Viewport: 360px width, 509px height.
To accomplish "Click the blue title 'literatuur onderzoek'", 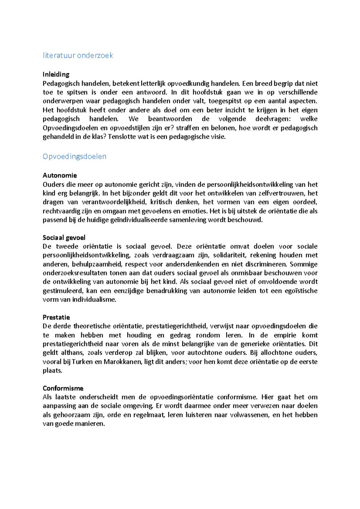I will pyautogui.click(x=78, y=55).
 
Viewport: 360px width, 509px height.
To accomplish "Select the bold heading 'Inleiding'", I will pyautogui.click(x=56, y=74).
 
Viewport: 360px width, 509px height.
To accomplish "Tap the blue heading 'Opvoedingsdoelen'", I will pyautogui.click(x=74, y=156).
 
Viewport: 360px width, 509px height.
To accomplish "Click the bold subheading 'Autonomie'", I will pyautogui.click(x=60, y=175).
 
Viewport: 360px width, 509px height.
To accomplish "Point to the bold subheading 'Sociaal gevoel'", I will pyautogui.click(x=64, y=238).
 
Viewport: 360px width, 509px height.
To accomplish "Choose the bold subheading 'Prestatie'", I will pyautogui.click(x=56, y=317).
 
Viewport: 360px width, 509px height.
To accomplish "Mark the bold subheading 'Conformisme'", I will pyautogui.click(x=63, y=388).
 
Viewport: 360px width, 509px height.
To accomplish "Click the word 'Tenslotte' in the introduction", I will pyautogui.click(x=121, y=137).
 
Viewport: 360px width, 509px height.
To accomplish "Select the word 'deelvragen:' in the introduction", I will pyautogui.click(x=273, y=119).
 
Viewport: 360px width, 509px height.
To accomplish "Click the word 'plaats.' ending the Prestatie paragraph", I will pyautogui.click(x=52, y=371).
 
